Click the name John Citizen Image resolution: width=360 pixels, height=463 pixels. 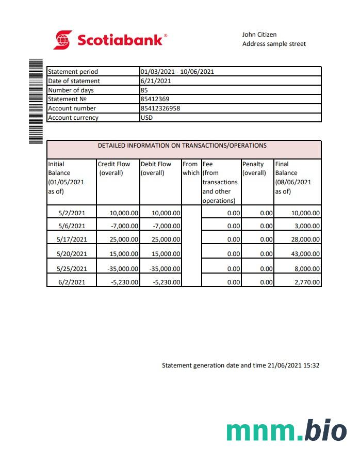click(x=259, y=35)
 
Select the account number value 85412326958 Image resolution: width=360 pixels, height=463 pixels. click(x=160, y=108)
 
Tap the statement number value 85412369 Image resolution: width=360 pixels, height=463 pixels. click(x=155, y=99)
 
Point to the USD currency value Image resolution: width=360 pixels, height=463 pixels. click(x=146, y=118)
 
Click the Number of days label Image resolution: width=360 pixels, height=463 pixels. click(x=71, y=90)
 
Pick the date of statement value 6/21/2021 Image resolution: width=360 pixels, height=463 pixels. click(x=156, y=81)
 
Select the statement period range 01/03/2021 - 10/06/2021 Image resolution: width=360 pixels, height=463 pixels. click(x=177, y=72)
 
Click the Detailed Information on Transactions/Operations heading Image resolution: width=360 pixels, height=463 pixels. click(x=182, y=146)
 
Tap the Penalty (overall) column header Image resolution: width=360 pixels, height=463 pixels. click(x=254, y=168)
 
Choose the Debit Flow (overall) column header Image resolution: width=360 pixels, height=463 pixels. click(x=156, y=168)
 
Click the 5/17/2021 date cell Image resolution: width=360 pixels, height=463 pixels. click(x=71, y=240)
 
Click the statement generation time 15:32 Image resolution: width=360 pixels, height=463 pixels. click(x=312, y=365)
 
